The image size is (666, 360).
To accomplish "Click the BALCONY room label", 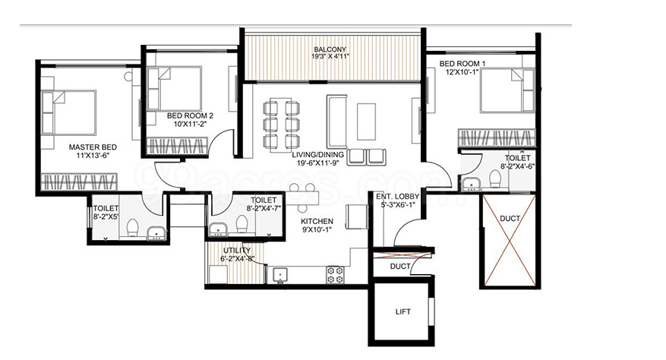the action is pos(330,49).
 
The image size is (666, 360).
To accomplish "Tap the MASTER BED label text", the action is pos(93,147).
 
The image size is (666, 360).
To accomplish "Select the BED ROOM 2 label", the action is pos(190,115).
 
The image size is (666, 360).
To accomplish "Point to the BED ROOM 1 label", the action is pos(462,63).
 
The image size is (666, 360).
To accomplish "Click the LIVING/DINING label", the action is pos(317,155).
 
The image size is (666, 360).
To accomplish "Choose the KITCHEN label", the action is pos(317,221).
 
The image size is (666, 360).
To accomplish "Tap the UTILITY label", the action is pos(237,251).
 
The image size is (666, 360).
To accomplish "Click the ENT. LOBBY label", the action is pos(398,197).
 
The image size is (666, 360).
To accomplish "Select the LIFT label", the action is pos(402,311).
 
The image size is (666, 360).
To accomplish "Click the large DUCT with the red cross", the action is pos(510,240).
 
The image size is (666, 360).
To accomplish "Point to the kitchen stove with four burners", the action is pos(335,275).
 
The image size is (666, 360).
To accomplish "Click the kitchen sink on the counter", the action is pos(280,276).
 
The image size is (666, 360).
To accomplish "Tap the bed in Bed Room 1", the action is pos(507,90).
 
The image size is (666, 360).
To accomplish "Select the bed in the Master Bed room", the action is pos(68,112).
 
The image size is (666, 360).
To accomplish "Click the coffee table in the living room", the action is pos(366,122).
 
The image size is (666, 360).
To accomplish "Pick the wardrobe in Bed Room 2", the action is pos(177,146).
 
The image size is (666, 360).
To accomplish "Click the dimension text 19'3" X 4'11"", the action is pos(330,56).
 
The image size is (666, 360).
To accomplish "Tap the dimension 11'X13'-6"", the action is pos(93,155).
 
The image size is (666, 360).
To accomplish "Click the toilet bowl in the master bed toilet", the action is pos(133,227).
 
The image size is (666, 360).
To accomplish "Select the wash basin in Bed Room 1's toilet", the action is pos(471,183).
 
